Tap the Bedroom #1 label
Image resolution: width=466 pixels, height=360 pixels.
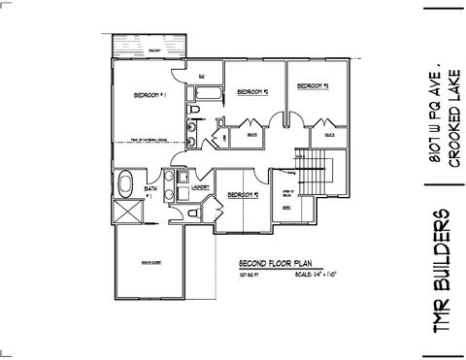tap(151, 95)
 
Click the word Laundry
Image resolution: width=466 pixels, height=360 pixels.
tap(201, 186)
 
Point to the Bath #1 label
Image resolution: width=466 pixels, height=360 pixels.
tap(150, 190)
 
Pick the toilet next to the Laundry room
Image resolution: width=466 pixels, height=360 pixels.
tap(195, 212)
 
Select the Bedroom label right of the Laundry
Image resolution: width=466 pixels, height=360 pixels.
tap(241, 195)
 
